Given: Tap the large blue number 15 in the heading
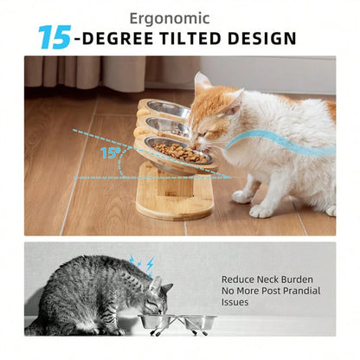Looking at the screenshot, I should coord(54,37).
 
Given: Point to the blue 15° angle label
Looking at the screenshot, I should coord(109,153).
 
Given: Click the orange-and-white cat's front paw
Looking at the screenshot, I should coord(260,209).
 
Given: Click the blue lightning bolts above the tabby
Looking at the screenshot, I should coord(139,262).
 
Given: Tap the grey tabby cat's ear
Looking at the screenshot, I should coord(155,283).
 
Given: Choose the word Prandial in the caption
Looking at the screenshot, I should coord(290,292).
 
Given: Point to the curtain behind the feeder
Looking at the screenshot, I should coord(87,73).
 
